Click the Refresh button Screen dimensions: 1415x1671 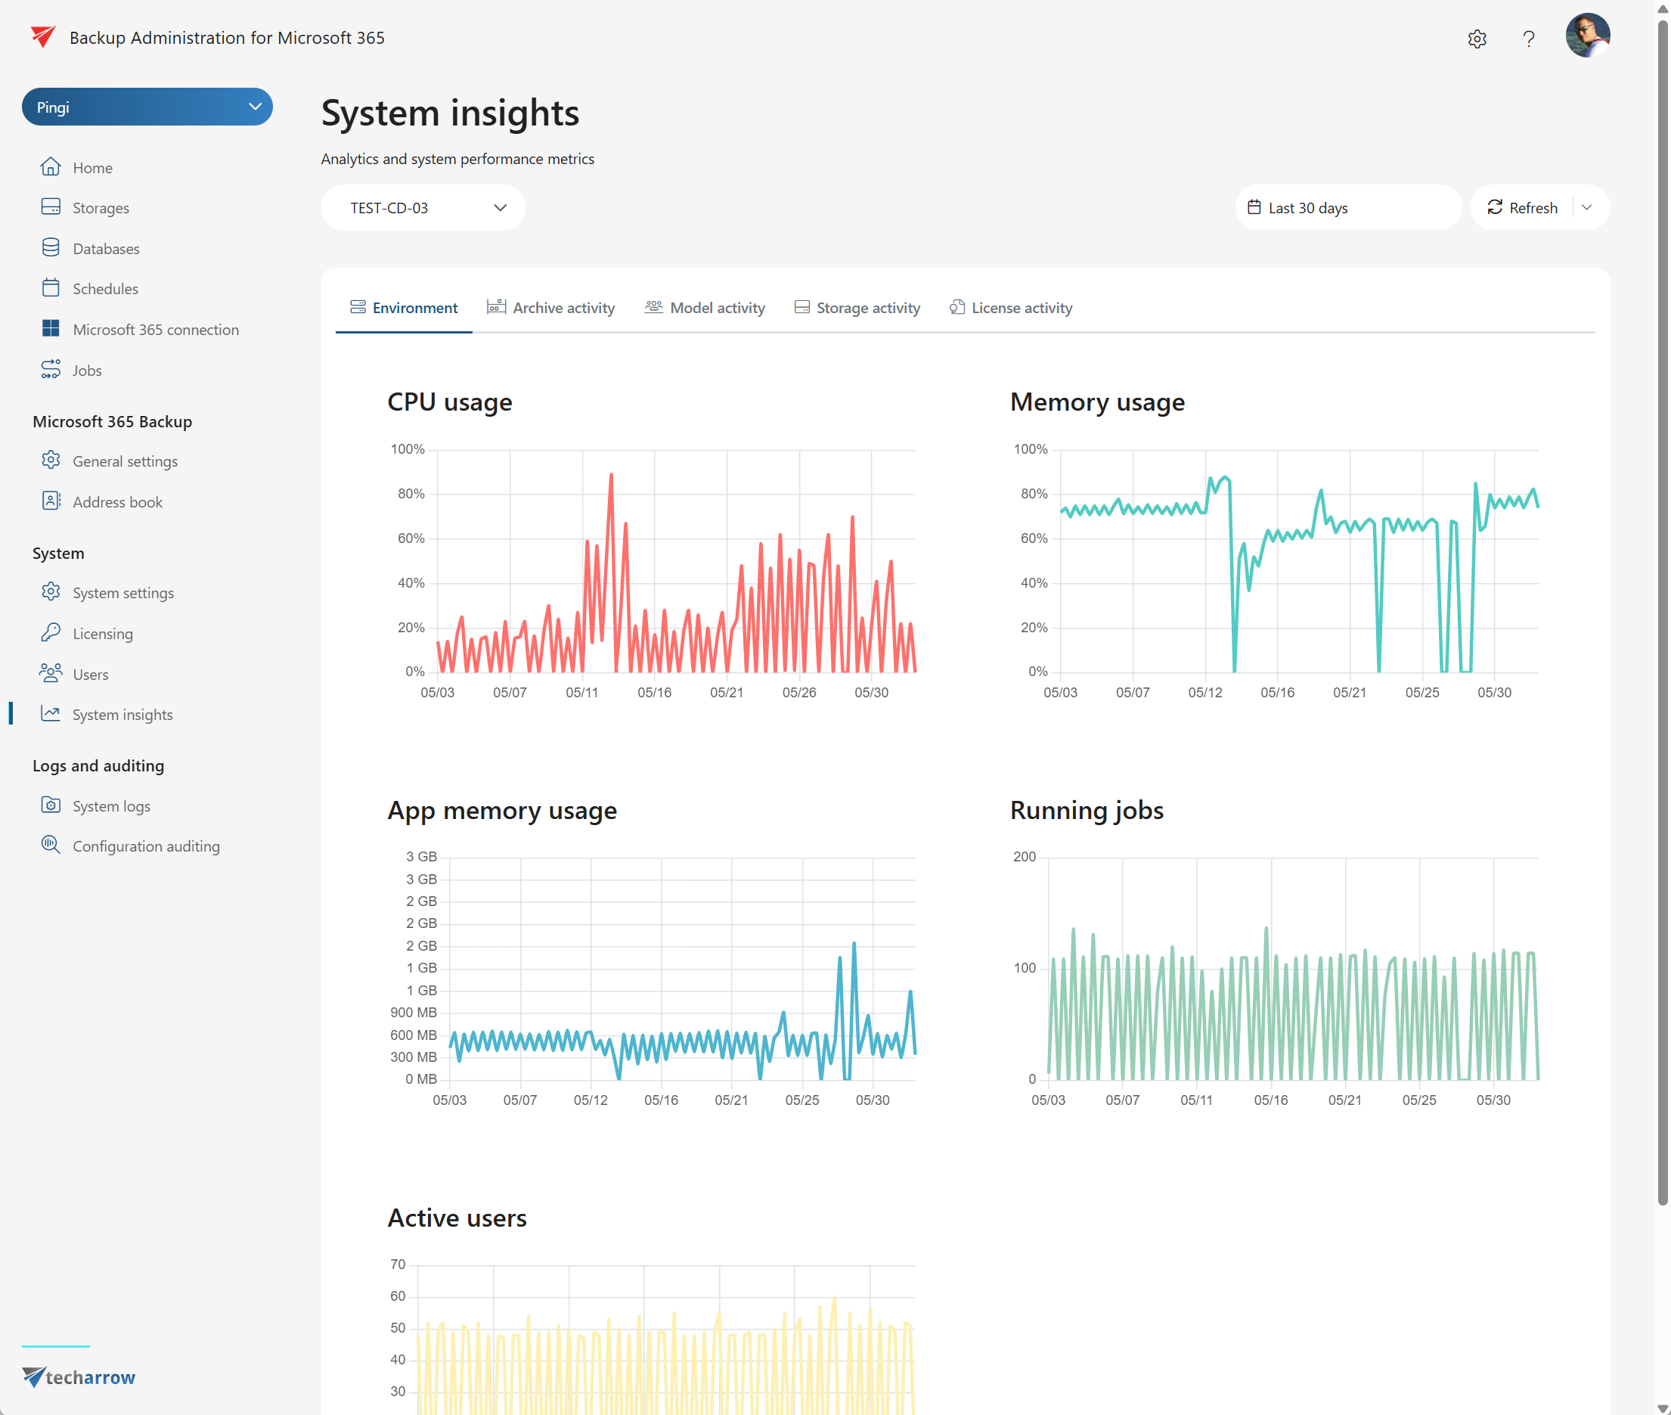coord(1522,208)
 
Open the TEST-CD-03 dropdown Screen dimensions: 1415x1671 coord(423,208)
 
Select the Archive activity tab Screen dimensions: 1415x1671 coord(551,308)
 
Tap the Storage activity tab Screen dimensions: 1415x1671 coord(857,308)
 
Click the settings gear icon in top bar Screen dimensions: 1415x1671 coord(1477,39)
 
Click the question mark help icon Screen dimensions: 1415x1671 coord(1528,39)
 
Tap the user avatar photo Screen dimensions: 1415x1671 coord(1587,36)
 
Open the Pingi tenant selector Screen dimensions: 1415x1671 coord(147,107)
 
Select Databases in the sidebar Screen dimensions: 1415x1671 coord(105,249)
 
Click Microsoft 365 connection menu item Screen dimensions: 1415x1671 coord(155,330)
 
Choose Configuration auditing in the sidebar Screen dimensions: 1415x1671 coord(145,846)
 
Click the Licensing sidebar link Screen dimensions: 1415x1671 coord(102,634)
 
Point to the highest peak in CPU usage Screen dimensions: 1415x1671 coord(611,476)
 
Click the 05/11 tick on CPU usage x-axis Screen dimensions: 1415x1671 coord(582,692)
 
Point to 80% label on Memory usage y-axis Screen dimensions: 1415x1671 coord(1034,493)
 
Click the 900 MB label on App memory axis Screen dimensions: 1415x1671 coord(413,1013)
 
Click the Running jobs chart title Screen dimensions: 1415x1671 coord(1087,810)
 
